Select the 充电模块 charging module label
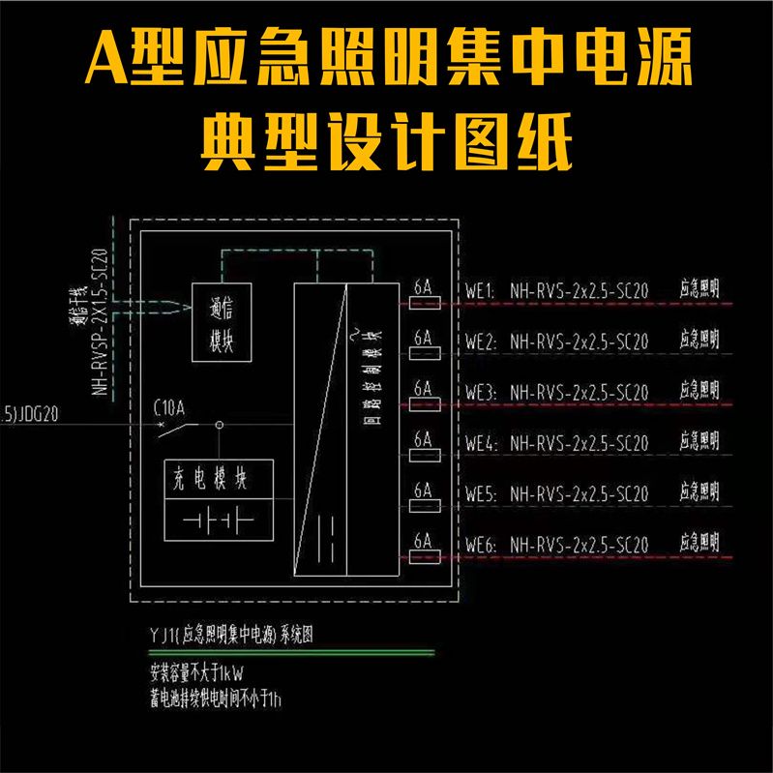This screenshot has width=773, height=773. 219,478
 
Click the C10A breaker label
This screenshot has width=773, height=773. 169,407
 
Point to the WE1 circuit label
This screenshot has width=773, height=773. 480,289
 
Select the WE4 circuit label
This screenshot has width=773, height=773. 480,444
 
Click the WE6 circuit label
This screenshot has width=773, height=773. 480,547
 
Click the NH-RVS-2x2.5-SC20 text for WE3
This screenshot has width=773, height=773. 579,393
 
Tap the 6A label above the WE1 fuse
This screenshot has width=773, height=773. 423,286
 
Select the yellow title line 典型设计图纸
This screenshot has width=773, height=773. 386,142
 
